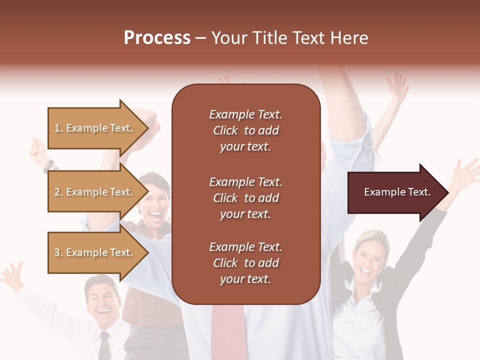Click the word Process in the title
point(157,38)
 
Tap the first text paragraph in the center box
point(245,130)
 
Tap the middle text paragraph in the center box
point(245,198)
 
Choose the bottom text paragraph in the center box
point(245,263)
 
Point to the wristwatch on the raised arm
point(48,165)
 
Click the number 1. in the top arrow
point(58,128)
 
